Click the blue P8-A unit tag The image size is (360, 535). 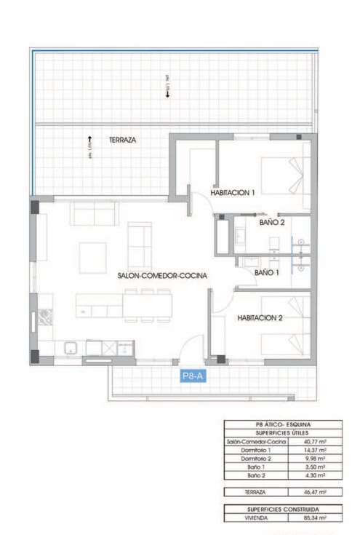[193, 376]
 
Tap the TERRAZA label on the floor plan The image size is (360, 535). [123, 140]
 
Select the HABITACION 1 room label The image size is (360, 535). [233, 193]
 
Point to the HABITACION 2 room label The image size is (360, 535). [260, 317]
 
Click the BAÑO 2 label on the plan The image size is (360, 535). [272, 222]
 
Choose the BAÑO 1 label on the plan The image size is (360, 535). [267, 272]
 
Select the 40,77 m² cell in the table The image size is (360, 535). [316, 441]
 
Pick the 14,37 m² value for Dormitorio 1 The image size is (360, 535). [316, 451]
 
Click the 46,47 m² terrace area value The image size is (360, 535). [316, 492]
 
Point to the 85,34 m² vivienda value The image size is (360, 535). [316, 518]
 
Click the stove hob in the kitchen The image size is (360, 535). [46, 317]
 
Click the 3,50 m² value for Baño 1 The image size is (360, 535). [316, 468]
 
